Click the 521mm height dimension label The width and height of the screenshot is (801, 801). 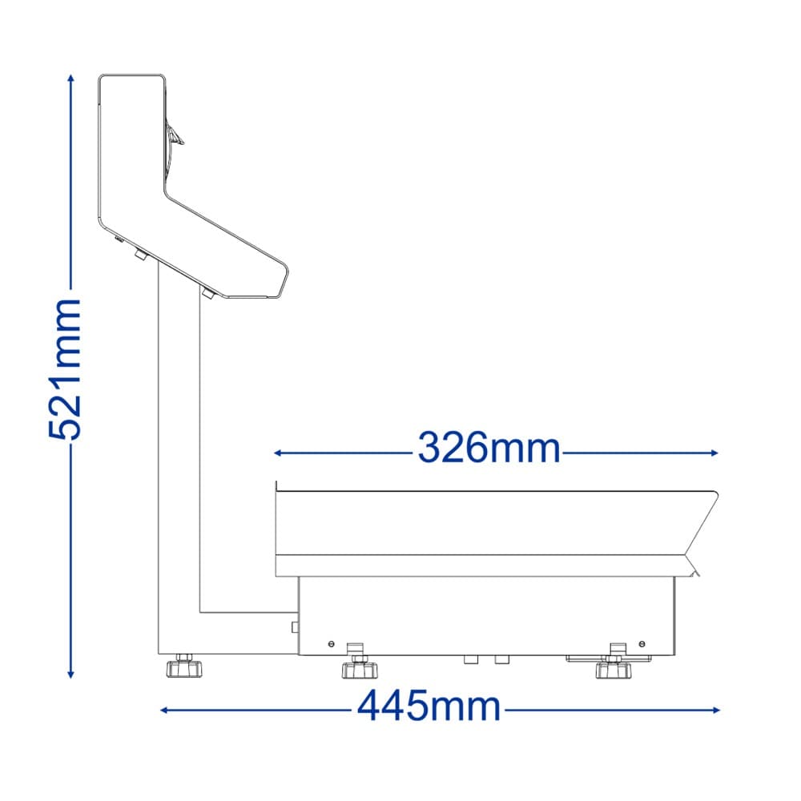click(64, 369)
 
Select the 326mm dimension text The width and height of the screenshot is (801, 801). click(489, 448)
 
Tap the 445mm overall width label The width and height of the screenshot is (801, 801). click(429, 706)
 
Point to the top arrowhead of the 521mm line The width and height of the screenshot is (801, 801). click(71, 78)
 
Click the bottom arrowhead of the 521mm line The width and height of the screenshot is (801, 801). click(71, 674)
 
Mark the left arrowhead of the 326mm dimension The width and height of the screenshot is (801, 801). click(278, 453)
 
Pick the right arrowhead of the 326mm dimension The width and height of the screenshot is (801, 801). click(714, 453)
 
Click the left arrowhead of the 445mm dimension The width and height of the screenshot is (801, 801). click(164, 710)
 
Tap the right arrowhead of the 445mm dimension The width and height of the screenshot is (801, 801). click(716, 710)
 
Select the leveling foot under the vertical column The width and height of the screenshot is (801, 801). click(184, 665)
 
